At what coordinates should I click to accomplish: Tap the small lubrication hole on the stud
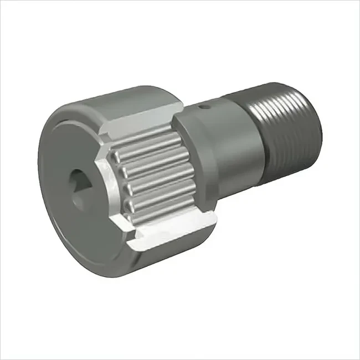[204, 105]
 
